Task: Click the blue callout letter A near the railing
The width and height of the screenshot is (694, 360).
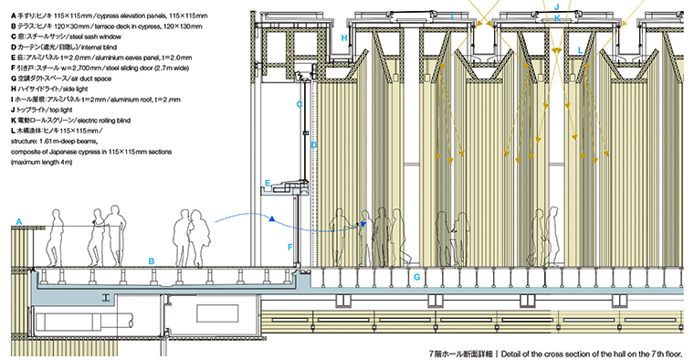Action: [18, 222]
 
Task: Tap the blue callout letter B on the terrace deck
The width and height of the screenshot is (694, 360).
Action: [152, 261]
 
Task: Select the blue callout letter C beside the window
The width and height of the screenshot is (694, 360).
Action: [300, 104]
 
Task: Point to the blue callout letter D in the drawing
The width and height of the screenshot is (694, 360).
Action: [314, 144]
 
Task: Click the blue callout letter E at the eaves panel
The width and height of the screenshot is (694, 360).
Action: [268, 183]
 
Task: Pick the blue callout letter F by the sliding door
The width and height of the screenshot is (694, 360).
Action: [290, 247]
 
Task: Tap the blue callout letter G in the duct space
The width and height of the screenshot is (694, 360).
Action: [416, 278]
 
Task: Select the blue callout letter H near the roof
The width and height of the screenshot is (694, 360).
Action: [344, 38]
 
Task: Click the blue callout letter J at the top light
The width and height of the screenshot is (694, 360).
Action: [557, 6]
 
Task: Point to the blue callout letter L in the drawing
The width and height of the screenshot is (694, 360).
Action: [580, 50]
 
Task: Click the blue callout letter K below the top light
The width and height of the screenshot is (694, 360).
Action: [557, 18]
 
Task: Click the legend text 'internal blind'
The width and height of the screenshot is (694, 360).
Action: [99, 47]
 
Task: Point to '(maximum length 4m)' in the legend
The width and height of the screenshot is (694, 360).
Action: [42, 162]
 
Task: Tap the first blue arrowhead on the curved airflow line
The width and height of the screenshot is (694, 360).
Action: [272, 218]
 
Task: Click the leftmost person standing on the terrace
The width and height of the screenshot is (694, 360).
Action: [54, 238]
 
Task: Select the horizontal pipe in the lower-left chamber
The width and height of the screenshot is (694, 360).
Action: [83, 321]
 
